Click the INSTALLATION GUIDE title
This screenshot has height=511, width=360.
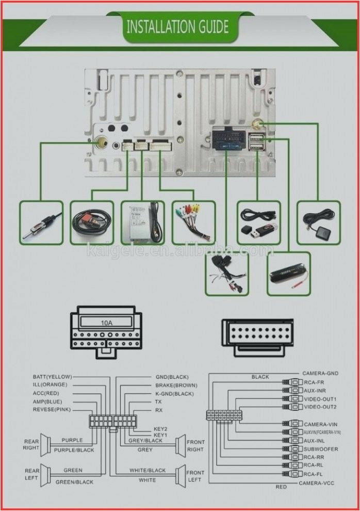(x=177, y=27)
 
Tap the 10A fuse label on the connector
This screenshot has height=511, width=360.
(x=106, y=323)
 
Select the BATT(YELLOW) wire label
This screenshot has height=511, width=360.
(x=52, y=377)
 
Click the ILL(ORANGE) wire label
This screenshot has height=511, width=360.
(x=50, y=385)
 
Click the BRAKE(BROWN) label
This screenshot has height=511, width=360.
(x=176, y=385)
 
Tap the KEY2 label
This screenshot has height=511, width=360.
(x=160, y=428)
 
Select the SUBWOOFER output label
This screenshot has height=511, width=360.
(x=321, y=449)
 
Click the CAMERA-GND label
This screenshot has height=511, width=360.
(x=321, y=373)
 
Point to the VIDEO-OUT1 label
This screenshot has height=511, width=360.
(x=320, y=399)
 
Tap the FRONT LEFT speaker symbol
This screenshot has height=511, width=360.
(x=180, y=476)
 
